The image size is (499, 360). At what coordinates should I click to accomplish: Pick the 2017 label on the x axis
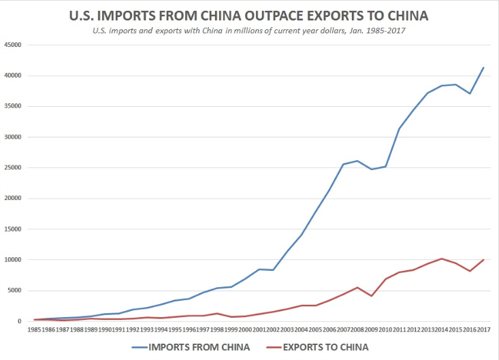tap(483, 329)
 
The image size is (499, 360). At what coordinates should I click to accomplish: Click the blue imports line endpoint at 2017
tap(483, 67)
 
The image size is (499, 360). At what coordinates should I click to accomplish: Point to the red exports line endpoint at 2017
tap(483, 260)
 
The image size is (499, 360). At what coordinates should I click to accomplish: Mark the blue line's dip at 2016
tap(470, 93)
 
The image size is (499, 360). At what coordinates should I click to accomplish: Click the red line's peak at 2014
tap(442, 259)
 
